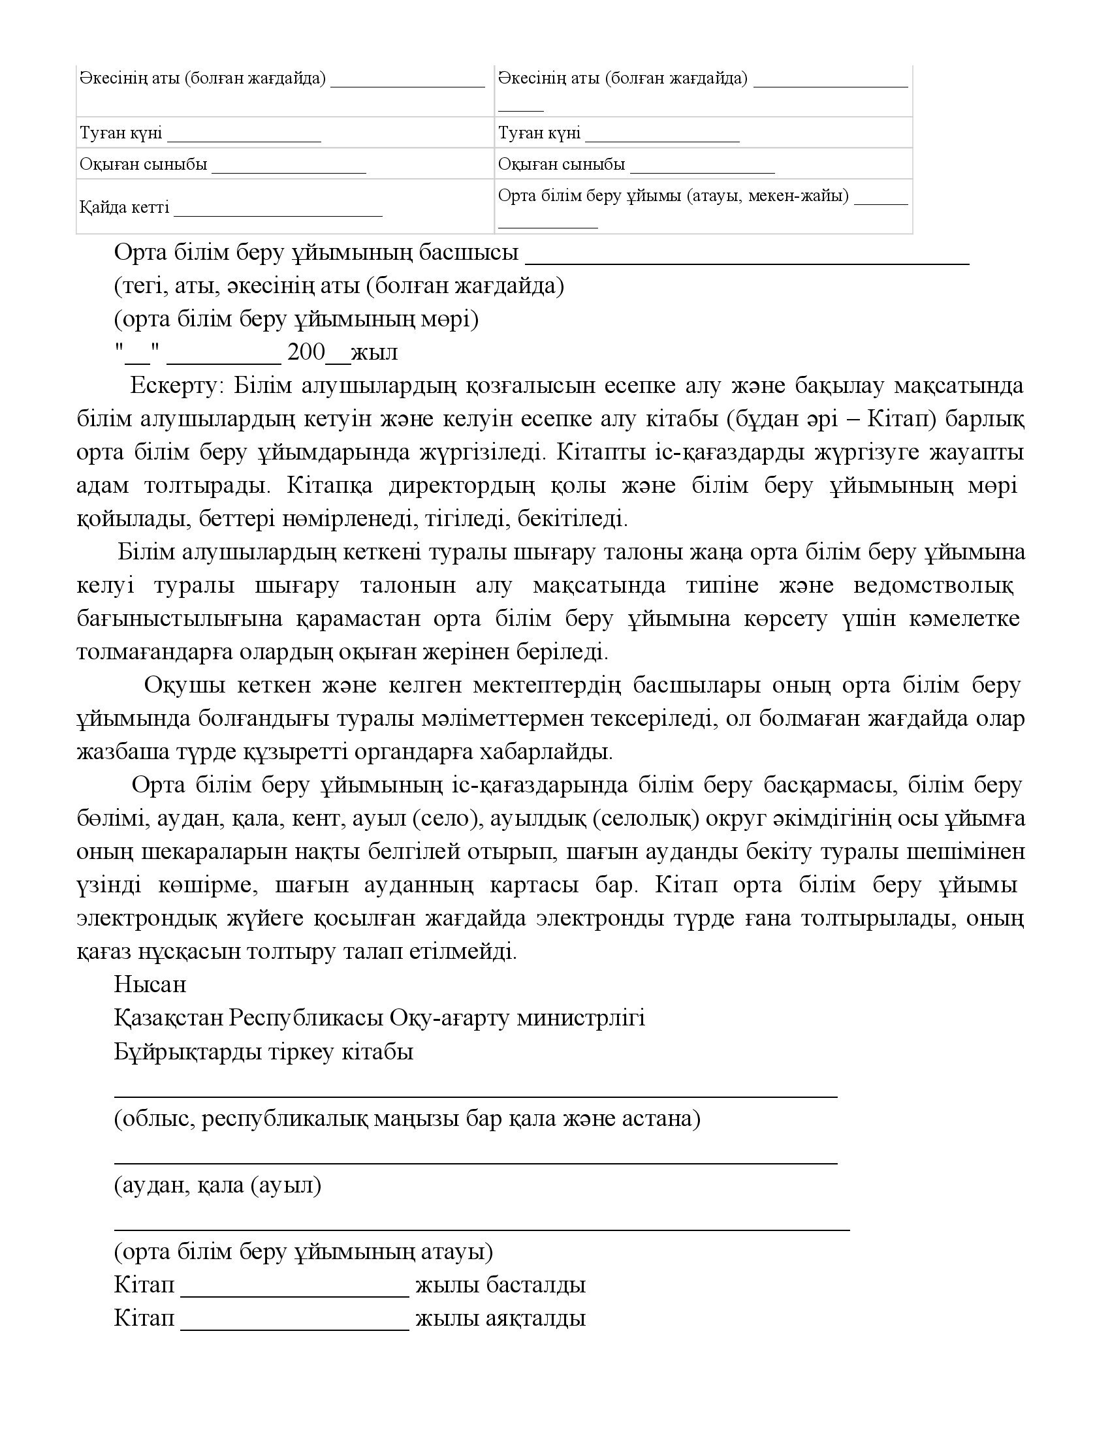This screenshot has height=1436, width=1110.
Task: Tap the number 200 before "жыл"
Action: click(306, 352)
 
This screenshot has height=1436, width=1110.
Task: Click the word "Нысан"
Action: click(150, 984)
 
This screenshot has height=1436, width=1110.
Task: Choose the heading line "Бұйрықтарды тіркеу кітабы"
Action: click(264, 1052)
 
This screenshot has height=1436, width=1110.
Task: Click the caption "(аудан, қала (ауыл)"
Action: click(217, 1185)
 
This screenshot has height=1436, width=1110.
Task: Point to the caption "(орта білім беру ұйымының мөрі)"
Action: click(296, 319)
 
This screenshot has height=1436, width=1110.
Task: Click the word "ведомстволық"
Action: click(933, 585)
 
